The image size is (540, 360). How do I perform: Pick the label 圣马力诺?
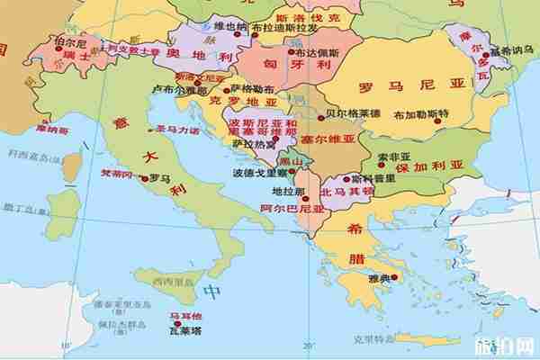click(x=177, y=130)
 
